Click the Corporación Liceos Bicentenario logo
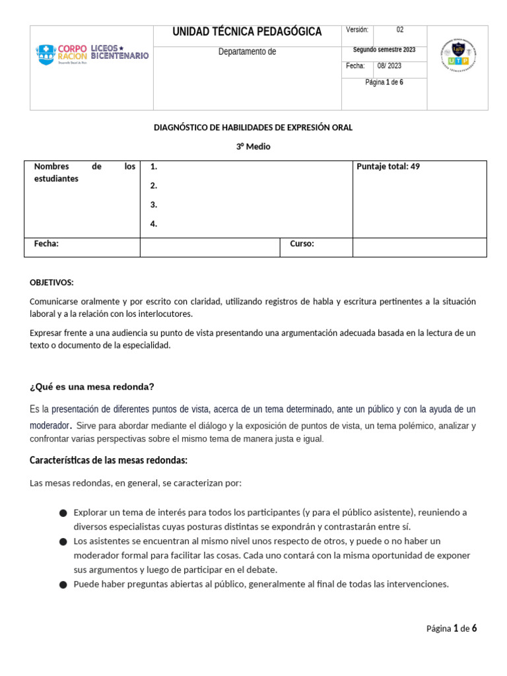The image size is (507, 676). [x=92, y=54]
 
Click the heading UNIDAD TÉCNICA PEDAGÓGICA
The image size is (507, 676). [x=247, y=32]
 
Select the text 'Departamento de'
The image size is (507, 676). [x=247, y=52]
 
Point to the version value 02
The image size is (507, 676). [x=400, y=30]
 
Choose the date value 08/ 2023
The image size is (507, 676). [x=389, y=66]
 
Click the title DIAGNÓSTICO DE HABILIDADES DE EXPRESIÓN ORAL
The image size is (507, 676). [x=253, y=127]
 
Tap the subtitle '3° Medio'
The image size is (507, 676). [x=253, y=147]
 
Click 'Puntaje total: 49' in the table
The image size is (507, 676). [x=388, y=166]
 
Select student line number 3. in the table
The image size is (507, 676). [x=154, y=205]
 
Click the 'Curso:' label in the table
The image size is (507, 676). [x=302, y=244]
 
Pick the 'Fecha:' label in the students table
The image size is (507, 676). [x=46, y=244]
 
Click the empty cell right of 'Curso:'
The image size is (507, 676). [x=419, y=247]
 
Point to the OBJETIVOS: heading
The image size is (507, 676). [x=51, y=282]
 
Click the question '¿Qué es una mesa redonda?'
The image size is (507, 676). [x=92, y=386]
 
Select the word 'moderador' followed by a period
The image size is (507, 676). [x=50, y=426]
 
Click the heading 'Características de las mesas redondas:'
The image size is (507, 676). [x=109, y=459]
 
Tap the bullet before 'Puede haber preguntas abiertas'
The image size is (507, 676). [x=63, y=584]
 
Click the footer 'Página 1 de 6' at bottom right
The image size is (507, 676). [x=451, y=628]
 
